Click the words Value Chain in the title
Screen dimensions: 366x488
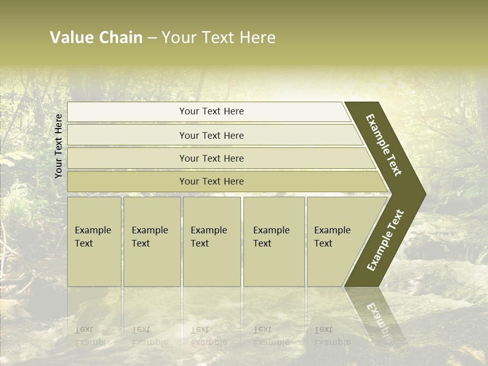tap(96, 38)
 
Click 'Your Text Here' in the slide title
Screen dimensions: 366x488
tap(219, 38)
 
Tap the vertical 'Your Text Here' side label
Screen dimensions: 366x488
tap(58, 146)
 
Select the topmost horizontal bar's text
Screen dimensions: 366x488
tap(211, 111)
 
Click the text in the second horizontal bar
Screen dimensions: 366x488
tap(211, 136)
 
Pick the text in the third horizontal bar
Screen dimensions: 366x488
tap(211, 159)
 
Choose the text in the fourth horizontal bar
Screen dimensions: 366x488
tap(211, 181)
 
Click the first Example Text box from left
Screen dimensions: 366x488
tap(93, 237)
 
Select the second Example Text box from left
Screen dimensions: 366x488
tap(150, 237)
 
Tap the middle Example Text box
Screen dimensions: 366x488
tap(209, 237)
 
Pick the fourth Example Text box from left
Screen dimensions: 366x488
tap(271, 237)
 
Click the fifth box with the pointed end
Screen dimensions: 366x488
tap(332, 237)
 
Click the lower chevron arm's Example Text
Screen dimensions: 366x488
tap(385, 240)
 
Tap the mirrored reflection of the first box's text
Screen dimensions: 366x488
tap(93, 335)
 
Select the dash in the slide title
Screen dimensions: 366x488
tap(152, 38)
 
